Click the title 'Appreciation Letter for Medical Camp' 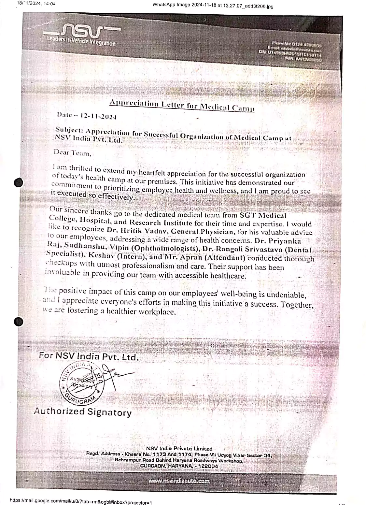182,105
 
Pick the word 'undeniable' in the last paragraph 286,295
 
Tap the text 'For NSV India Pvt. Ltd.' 89,356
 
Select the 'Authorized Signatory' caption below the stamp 83,411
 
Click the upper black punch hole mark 19,182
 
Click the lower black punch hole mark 19,322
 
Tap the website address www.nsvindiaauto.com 179,481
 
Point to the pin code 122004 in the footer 207,466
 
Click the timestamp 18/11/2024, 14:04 36,4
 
